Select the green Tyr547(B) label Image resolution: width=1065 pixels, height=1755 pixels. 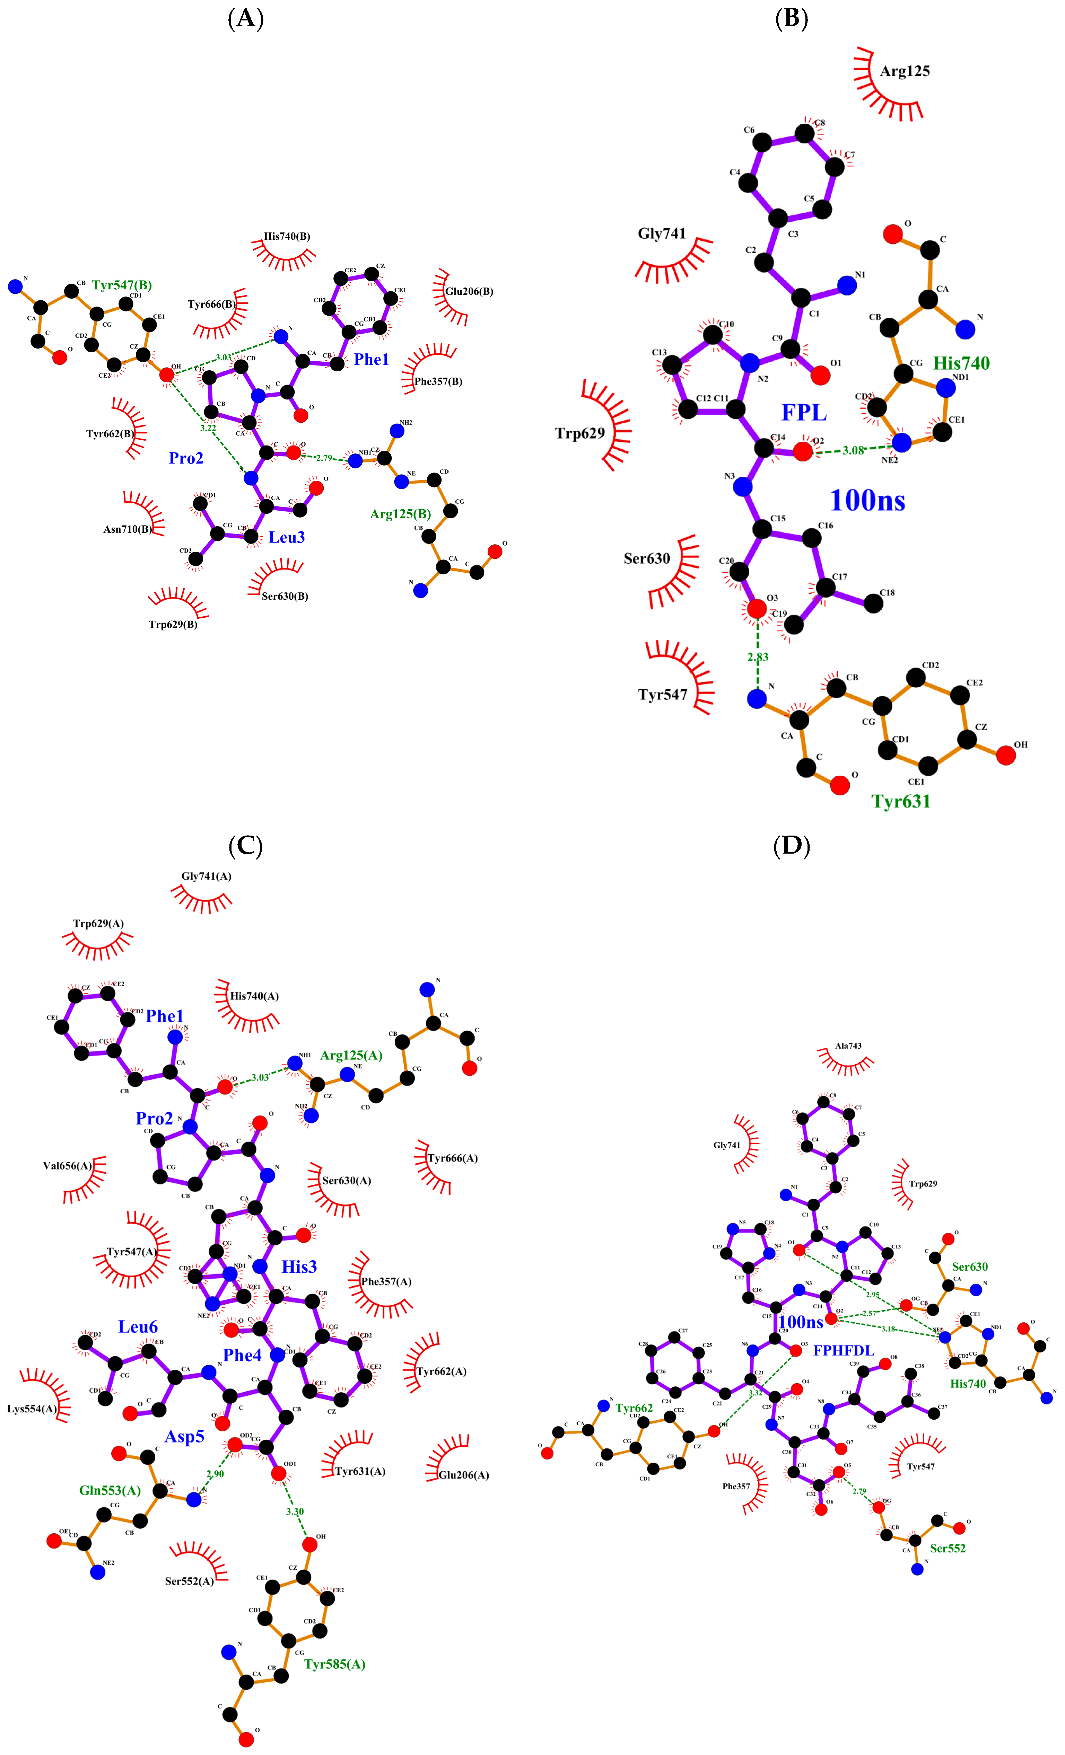pos(122,285)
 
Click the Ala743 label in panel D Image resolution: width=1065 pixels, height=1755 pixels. pos(848,1046)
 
